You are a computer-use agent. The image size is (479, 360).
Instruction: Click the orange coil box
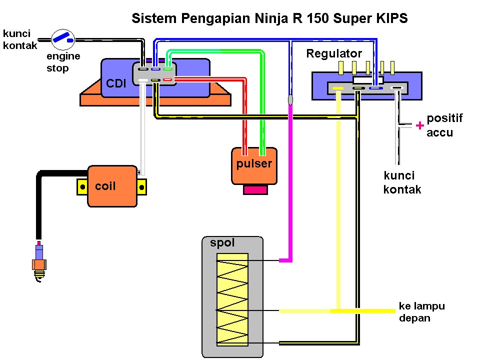pos(112,186)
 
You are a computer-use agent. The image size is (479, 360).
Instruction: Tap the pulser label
pos(254,164)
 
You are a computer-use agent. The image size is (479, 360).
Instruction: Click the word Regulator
pos(334,53)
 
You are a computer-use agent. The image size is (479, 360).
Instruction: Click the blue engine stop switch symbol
pos(63,37)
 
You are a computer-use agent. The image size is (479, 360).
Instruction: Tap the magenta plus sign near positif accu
pos(419,126)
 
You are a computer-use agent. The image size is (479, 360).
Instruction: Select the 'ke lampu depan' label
pos(421,311)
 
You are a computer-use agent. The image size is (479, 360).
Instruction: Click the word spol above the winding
pos(222,243)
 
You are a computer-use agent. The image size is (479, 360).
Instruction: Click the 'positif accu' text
pos(443,125)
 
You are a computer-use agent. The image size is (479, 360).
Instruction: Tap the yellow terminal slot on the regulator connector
pos(338,88)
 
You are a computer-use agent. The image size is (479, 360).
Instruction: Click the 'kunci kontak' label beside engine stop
pos(17,39)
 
